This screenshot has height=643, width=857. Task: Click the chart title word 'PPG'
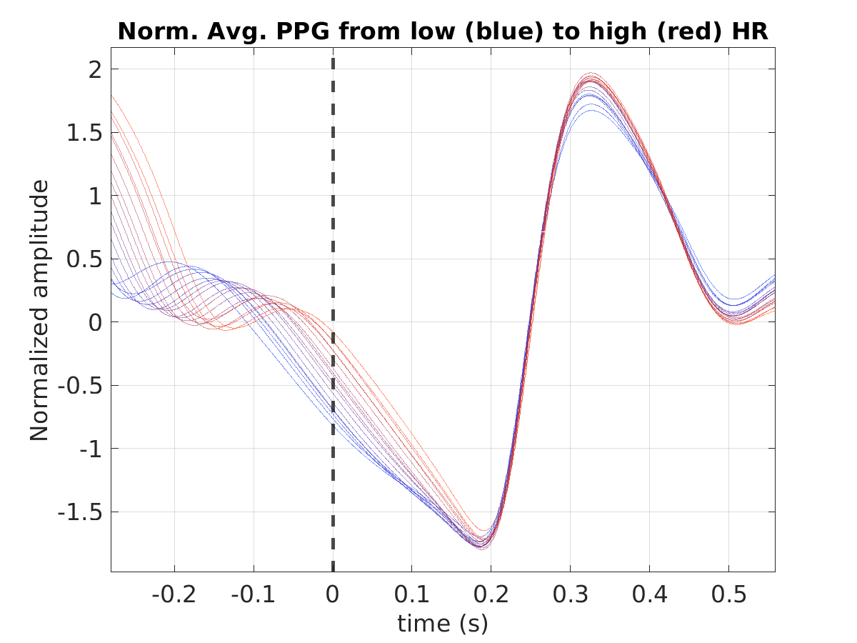coord(303,31)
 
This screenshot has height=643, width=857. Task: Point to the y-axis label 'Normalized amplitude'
coord(39,310)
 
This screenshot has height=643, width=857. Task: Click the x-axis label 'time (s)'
coord(442,623)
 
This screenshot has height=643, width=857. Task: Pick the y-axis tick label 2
coord(95,70)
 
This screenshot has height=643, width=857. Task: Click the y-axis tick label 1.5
coord(84,133)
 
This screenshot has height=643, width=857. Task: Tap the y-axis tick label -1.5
coord(80,512)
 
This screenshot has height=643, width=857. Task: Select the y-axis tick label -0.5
coord(80,386)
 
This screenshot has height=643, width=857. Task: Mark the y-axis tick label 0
coord(95,323)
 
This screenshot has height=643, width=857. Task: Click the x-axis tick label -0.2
coord(174,594)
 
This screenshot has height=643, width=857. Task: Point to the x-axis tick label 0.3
coord(570,594)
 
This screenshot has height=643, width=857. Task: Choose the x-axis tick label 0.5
coord(728,594)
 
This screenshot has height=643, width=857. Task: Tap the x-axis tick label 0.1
coord(411,594)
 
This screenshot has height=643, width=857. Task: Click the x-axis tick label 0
coord(332,594)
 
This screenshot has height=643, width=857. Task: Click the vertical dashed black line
coord(333,314)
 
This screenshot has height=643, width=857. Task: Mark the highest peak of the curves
coord(591,73)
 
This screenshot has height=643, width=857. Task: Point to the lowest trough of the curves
coord(481,549)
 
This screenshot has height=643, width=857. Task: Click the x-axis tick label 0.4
coord(650,594)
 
